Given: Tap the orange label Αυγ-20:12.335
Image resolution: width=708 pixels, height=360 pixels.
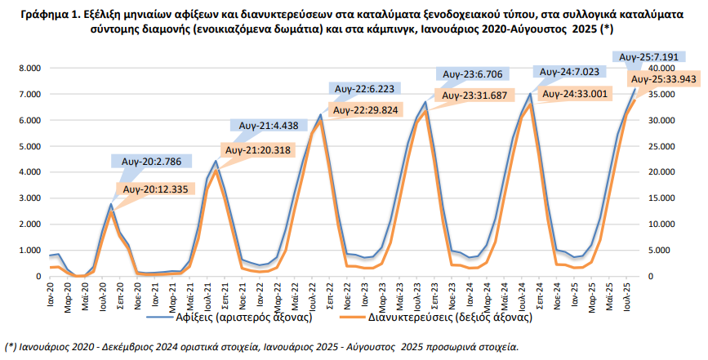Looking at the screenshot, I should point(158,189).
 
